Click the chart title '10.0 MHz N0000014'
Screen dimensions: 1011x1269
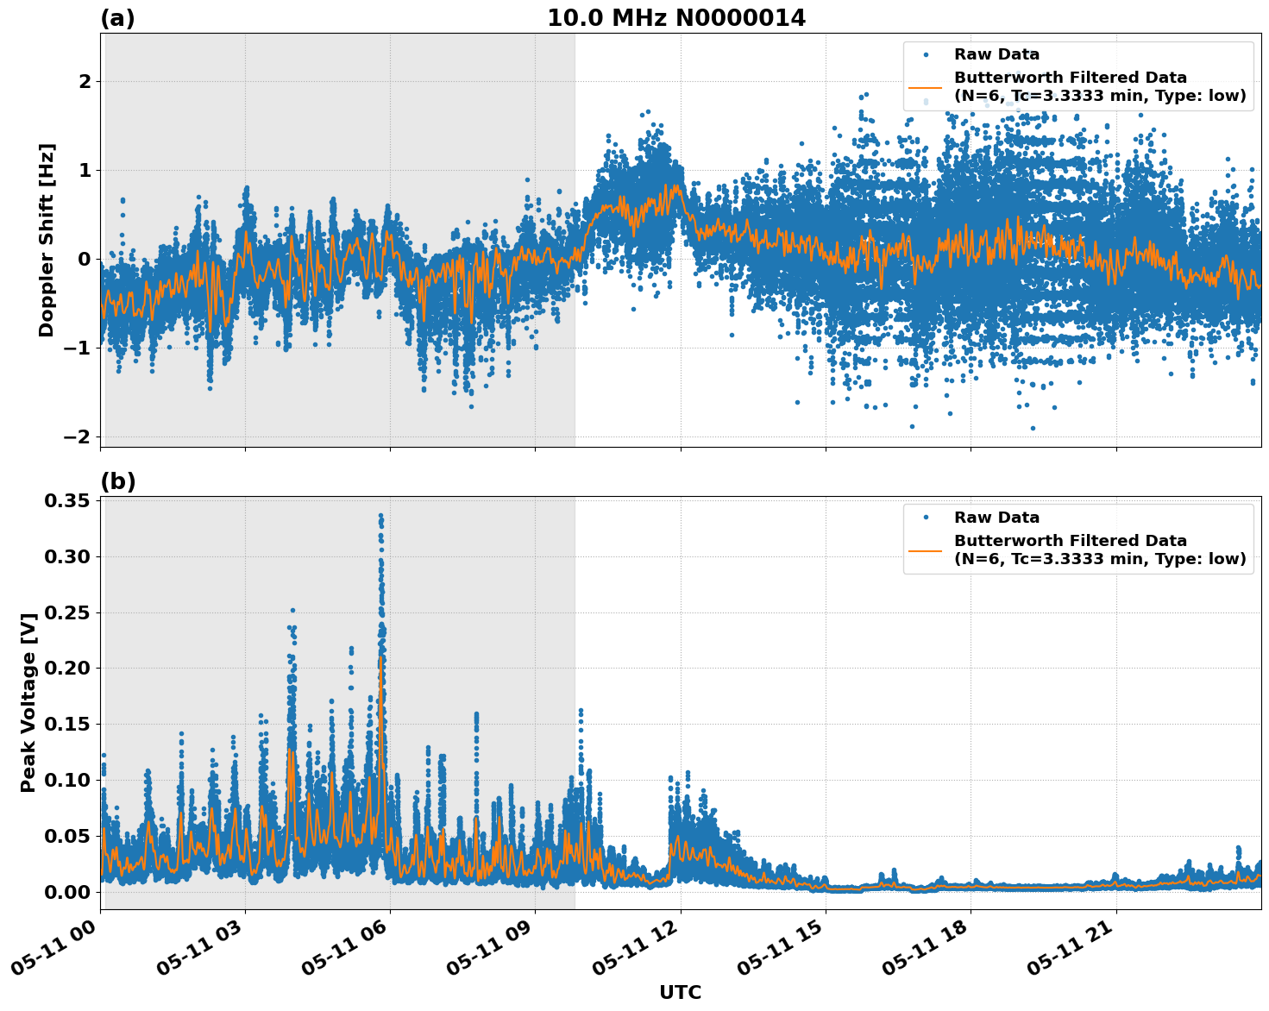click(675, 18)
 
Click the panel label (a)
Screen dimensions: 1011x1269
click(117, 18)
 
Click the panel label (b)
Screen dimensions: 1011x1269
click(117, 481)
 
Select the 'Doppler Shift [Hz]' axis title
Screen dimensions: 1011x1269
click(47, 240)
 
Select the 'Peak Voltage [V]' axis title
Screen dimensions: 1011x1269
click(28, 703)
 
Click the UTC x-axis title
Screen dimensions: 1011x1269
click(680, 992)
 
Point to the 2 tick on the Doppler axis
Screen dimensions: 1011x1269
click(85, 82)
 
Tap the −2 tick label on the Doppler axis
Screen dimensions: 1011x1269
click(78, 437)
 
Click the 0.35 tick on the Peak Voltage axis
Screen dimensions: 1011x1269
click(68, 501)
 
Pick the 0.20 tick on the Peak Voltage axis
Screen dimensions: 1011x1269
click(68, 669)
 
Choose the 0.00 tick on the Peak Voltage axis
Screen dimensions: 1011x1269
click(68, 892)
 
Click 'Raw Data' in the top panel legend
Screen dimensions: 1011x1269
click(996, 54)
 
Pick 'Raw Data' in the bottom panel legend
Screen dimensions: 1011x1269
click(996, 518)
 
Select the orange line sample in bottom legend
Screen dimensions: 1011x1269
click(926, 550)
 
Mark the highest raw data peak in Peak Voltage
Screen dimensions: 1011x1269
click(380, 516)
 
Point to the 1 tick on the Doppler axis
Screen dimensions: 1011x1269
click(85, 171)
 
